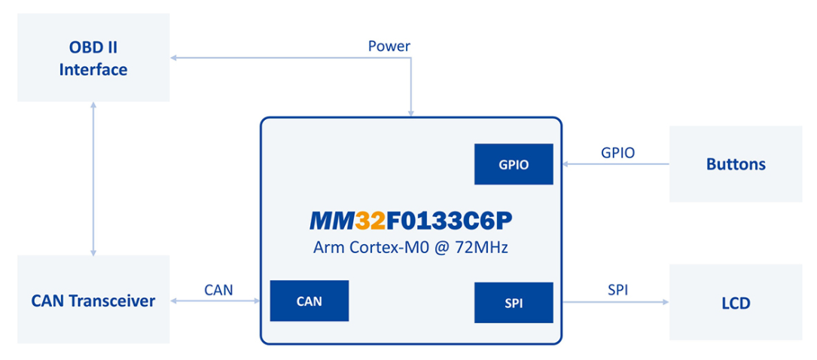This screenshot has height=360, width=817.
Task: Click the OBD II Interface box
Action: click(x=93, y=58)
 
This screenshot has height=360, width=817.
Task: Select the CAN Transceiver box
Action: click(x=93, y=301)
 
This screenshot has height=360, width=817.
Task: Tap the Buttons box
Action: click(x=736, y=164)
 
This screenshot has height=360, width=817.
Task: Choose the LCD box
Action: click(x=736, y=303)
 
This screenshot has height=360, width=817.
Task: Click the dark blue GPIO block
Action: click(x=514, y=164)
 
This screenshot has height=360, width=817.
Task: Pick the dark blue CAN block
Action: click(x=309, y=301)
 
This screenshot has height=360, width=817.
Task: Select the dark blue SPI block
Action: click(x=514, y=303)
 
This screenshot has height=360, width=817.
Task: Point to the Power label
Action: click(x=389, y=46)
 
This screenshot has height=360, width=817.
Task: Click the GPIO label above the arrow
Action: click(x=617, y=152)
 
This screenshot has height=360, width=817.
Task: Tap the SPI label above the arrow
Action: click(x=617, y=289)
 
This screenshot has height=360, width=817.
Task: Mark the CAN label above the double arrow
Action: click(x=218, y=289)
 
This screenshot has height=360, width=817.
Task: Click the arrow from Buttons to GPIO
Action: click(x=611, y=163)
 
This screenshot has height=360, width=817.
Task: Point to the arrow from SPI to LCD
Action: click(x=611, y=303)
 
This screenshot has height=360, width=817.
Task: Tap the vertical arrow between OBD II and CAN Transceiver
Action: click(x=93, y=178)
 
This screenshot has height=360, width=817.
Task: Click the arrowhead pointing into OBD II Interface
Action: click(x=174, y=58)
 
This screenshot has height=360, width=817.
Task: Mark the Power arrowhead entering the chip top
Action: click(x=410, y=113)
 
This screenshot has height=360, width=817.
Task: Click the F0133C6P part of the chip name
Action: click(x=450, y=220)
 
